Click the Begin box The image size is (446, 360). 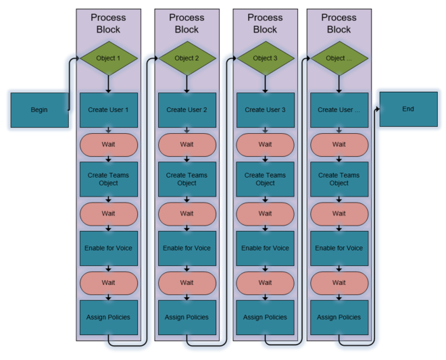pos(39,110)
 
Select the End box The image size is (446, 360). pos(407,109)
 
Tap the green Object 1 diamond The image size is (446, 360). pos(109,59)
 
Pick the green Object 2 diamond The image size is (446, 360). pos(187,59)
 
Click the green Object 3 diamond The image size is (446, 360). pos(265,59)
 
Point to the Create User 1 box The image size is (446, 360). pos(109,110)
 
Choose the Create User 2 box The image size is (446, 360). pos(187,110)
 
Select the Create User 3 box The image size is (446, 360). pos(265,110)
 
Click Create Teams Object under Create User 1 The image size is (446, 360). pos(109,179)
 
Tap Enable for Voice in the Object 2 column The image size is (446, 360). pos(187,248)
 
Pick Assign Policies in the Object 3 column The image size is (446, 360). pos(265,317)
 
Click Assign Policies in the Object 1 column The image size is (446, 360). pos(109,317)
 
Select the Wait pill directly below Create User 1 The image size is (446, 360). pos(109,145)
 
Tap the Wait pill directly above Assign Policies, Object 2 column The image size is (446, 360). pos(187,282)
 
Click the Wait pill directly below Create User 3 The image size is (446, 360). pos(265,145)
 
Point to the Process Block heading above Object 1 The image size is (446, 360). pos(109,24)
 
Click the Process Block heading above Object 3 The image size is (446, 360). pos(265,24)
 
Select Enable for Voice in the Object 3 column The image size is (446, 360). pos(265,248)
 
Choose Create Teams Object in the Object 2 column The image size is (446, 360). pos(187,179)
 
